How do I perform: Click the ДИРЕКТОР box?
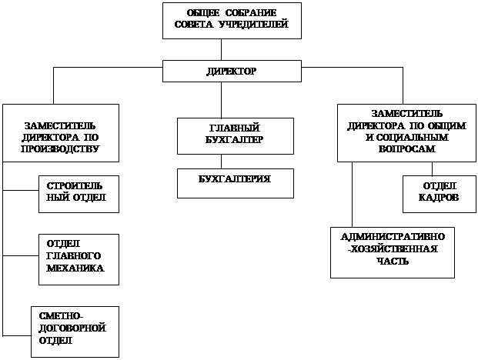coord(231,71)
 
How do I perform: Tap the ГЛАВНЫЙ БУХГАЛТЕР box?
coord(236,135)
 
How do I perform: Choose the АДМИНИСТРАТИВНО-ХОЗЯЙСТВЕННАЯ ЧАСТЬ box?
coord(393,252)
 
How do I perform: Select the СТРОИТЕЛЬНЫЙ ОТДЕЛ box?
coord(79,193)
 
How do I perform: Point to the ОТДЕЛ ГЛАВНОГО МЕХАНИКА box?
coord(79,255)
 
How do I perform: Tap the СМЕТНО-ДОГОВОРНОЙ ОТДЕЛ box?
coord(75,331)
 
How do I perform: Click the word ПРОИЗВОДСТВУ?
coord(62,148)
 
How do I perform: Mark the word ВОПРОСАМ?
coord(407,148)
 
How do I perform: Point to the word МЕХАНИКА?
coord(75,268)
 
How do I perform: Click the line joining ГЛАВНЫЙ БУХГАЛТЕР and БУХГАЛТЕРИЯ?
coord(222,162)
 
